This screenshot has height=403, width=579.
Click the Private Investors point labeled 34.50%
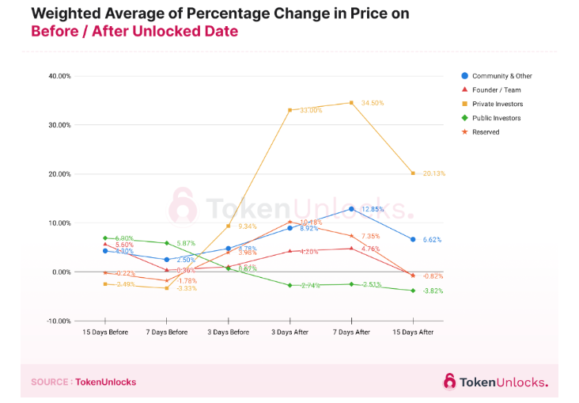tap(351, 103)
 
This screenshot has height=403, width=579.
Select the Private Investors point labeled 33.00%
tap(290, 110)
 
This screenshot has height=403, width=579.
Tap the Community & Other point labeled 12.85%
tap(351, 209)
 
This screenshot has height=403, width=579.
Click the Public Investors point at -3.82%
tap(413, 291)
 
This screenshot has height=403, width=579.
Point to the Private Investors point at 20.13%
tap(413, 173)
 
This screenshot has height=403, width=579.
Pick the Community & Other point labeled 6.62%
tap(413, 239)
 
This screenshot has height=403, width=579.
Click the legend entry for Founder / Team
tap(497, 89)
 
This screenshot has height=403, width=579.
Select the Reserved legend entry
tap(486, 132)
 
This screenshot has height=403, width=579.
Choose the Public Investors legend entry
tap(497, 118)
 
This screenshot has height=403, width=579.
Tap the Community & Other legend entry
tap(501, 76)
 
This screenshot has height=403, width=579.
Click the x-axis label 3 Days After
tap(290, 333)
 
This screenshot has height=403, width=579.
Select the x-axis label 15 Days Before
tap(106, 333)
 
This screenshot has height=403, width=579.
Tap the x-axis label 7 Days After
tap(351, 333)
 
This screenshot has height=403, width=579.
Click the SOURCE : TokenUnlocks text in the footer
tap(83, 382)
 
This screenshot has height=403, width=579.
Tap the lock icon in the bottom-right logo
tap(449, 382)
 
